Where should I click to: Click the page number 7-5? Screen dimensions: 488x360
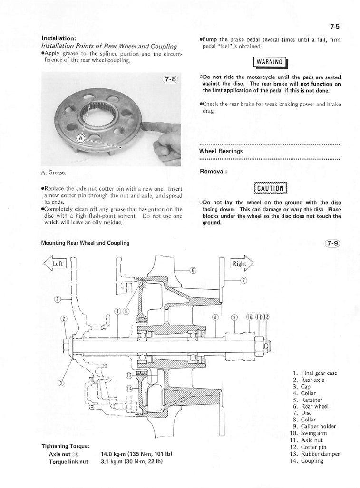coord(333,27)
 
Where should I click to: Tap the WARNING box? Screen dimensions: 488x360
coord(269,62)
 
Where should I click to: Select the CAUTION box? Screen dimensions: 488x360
coord(270,188)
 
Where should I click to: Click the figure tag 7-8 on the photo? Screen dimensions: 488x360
coord(169,80)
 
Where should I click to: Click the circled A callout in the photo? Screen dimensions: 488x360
coord(80,138)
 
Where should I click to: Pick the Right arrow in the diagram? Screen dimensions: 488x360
coord(242,263)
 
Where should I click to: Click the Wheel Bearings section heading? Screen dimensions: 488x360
coord(221,151)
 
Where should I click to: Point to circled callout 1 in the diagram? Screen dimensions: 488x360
coord(58,299)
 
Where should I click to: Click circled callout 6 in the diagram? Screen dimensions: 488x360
coord(193,270)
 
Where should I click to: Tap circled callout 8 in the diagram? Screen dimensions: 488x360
coord(215,317)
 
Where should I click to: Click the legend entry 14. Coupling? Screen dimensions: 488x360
coord(306,461)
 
